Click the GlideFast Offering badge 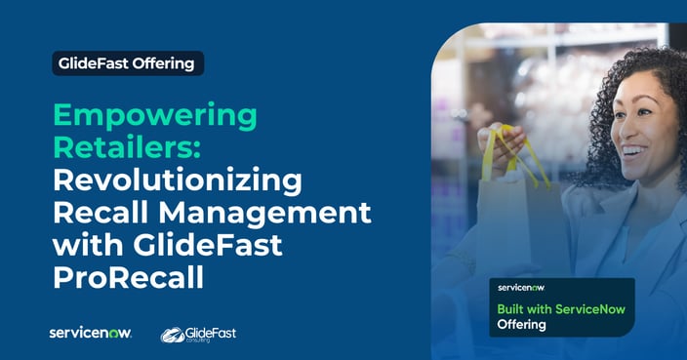tap(128, 63)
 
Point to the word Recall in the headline tap(97, 214)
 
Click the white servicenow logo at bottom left tap(90, 333)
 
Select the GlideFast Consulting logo tap(198, 334)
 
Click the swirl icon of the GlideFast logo tap(173, 335)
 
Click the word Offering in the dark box tap(522, 325)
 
